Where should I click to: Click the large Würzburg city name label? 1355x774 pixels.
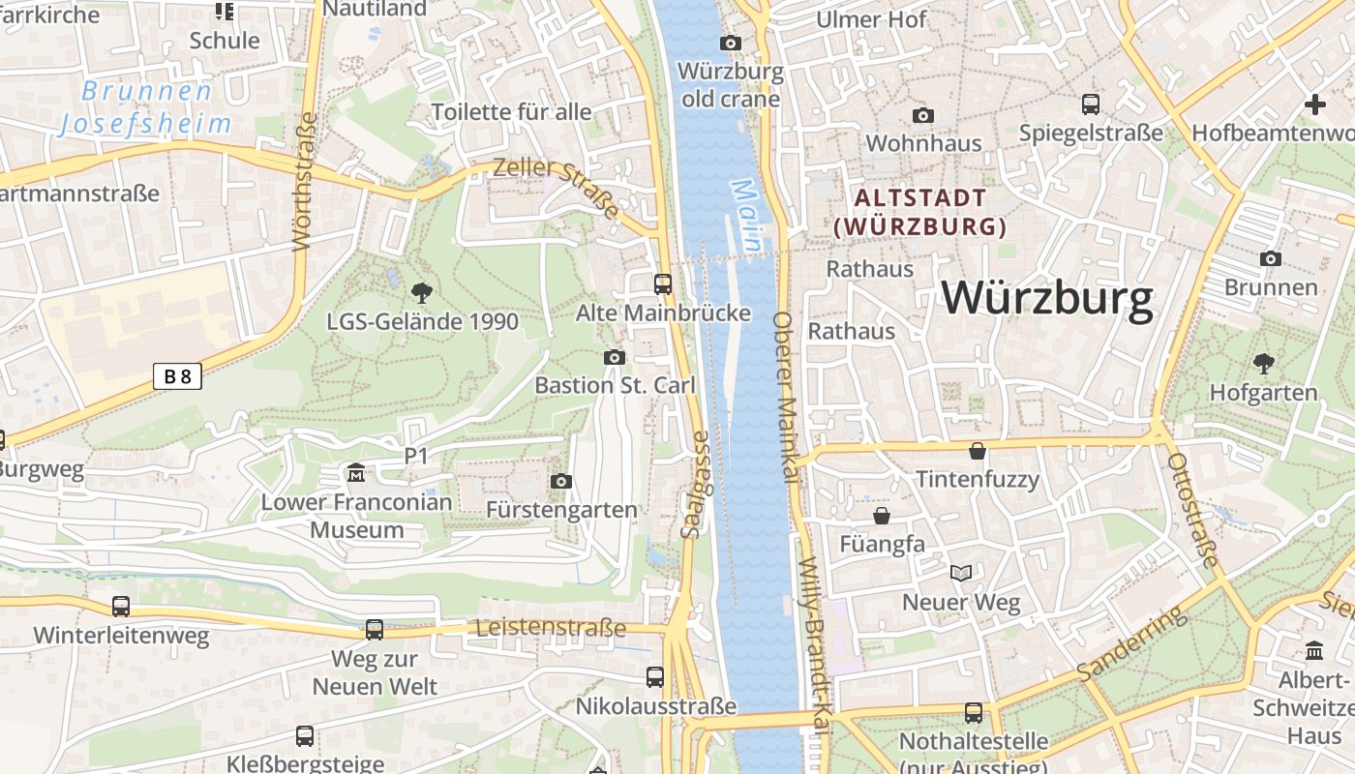1047,298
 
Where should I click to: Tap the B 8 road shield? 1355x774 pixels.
177,376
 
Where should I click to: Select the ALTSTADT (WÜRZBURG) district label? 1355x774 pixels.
920,213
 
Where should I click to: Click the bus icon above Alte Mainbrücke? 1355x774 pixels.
663,283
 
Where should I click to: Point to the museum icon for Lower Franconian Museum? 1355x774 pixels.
356,473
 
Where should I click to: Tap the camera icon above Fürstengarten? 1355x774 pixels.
560,481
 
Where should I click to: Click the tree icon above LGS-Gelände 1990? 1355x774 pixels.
421,292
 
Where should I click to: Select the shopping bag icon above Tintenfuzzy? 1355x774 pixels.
978,450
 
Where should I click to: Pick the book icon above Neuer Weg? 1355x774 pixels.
960,574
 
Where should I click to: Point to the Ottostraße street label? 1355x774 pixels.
1192,510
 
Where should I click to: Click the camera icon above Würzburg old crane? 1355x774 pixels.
730,43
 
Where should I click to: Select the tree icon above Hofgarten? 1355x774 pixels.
1263,364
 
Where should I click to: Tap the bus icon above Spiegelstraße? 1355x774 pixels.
1091,104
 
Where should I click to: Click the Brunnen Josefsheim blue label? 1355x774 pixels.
146,107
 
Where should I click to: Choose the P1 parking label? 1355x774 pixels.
416,455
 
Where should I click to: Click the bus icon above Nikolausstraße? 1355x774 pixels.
655,677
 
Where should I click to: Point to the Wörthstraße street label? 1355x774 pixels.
304,182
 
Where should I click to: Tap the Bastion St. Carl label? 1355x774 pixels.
615,385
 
